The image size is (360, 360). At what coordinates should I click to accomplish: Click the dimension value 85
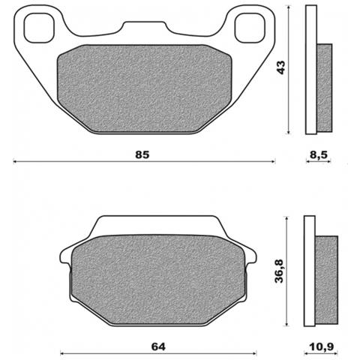click(x=143, y=154)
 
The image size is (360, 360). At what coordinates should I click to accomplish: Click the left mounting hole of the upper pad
click(x=35, y=28)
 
